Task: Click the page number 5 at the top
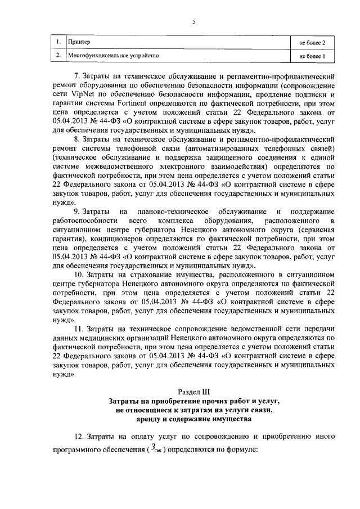pyautogui.click(x=193, y=22)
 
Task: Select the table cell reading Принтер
pyautogui.click(x=79, y=42)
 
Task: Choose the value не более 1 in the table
pyautogui.click(x=312, y=56)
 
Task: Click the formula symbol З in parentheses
pyautogui.click(x=153, y=451)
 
